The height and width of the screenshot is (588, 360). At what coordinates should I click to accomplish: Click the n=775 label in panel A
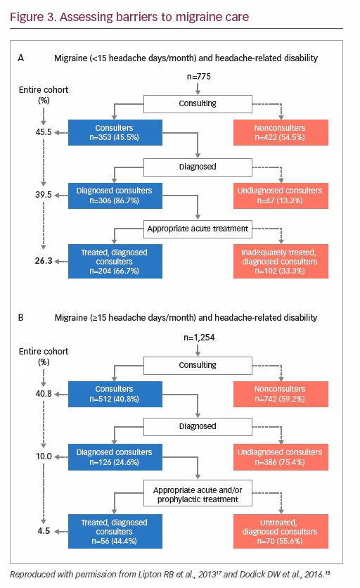199,77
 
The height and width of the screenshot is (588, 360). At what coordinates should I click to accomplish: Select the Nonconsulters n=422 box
281,132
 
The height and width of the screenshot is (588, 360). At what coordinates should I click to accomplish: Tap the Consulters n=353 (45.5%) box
115,132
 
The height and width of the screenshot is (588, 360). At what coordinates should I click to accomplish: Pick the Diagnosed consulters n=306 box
115,196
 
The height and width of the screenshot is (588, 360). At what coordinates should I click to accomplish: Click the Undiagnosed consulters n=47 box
281,196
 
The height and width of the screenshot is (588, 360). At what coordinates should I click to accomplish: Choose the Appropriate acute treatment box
198,229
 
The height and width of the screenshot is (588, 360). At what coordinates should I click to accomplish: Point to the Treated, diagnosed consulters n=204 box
115,262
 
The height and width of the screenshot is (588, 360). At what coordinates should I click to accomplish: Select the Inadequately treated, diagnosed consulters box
281,262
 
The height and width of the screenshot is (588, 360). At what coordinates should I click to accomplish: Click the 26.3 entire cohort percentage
44,261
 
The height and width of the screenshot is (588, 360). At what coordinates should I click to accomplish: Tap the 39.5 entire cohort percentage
44,195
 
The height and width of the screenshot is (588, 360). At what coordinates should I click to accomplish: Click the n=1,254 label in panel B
199,338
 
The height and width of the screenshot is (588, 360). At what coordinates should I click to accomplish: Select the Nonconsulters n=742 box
281,394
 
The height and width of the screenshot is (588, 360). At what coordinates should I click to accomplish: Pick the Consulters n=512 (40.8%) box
115,394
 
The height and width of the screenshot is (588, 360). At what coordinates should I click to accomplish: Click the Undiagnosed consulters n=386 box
281,457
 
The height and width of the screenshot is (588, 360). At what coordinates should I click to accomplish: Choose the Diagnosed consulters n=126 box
115,457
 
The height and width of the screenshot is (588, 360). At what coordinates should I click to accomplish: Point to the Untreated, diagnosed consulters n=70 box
281,531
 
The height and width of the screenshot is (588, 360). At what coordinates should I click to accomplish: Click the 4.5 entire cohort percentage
44,531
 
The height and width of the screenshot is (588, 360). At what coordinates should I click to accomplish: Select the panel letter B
21,318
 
